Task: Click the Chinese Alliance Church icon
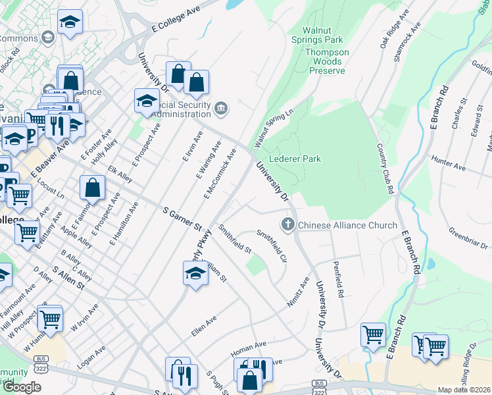coord(287,225)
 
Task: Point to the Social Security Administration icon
coord(220,107)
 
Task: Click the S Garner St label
coord(182,219)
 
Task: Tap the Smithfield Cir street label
coord(272,245)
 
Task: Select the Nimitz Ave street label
coord(298,292)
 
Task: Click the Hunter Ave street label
coord(448,159)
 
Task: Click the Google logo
coord(21,388)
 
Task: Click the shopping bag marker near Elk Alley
coord(93,188)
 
